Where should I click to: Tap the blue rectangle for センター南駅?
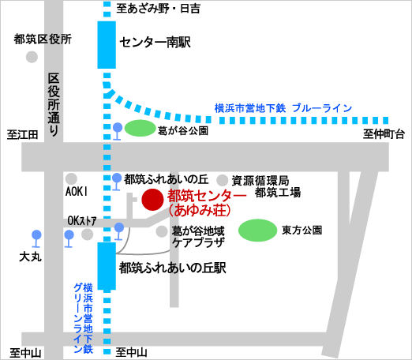(106, 45)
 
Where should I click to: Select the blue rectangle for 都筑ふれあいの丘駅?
(106, 266)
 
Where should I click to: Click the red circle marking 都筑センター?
(152, 201)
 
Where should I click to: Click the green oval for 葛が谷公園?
(141, 128)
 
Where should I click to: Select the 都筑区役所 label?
(43, 39)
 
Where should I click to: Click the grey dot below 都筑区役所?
(32, 57)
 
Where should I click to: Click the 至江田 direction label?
(23, 135)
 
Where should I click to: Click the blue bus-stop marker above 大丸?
(36, 235)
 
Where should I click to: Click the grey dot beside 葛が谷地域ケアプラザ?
(162, 231)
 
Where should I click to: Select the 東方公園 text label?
(302, 231)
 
